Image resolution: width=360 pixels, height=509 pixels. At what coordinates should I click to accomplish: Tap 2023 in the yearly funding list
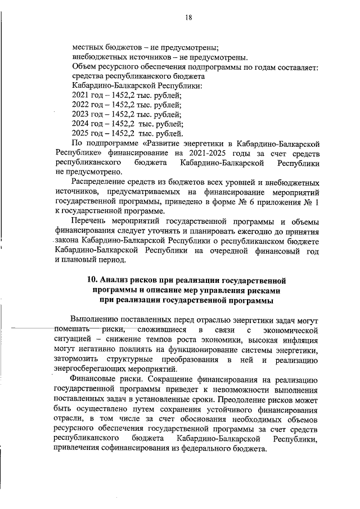click(x=81, y=114)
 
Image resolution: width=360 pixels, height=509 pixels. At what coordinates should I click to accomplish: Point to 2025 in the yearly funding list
click(x=81, y=133)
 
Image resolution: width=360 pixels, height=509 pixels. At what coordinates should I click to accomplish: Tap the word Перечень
click(x=92, y=221)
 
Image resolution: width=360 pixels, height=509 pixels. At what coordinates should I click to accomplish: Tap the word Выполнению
click(x=97, y=319)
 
